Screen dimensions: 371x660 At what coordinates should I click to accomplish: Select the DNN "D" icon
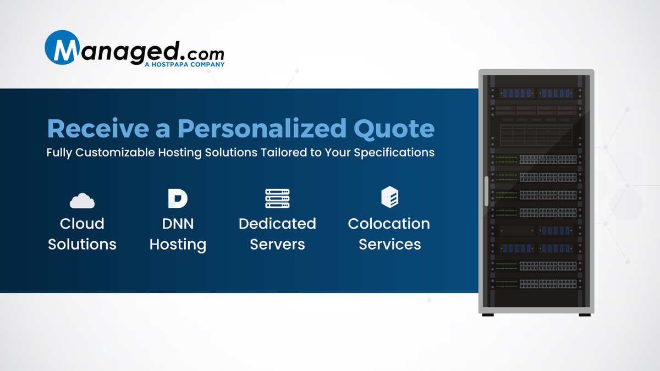pyautogui.click(x=177, y=198)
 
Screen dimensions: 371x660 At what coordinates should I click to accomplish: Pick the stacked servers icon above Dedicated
pyautogui.click(x=277, y=198)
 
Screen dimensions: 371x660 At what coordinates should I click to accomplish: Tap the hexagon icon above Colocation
pyautogui.click(x=389, y=197)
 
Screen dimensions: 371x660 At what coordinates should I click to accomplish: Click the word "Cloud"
pyautogui.click(x=82, y=224)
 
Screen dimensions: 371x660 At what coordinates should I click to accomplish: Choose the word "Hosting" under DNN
pyautogui.click(x=178, y=244)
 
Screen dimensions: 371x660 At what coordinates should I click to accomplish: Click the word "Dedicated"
pyautogui.click(x=277, y=224)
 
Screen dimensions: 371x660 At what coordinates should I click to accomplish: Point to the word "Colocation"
pyautogui.click(x=389, y=224)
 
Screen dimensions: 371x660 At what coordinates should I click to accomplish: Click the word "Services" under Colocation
pyautogui.click(x=389, y=244)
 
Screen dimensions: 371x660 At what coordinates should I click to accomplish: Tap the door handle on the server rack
pyautogui.click(x=486, y=191)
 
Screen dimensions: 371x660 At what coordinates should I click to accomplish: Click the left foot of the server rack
pyautogui.click(x=488, y=314)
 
